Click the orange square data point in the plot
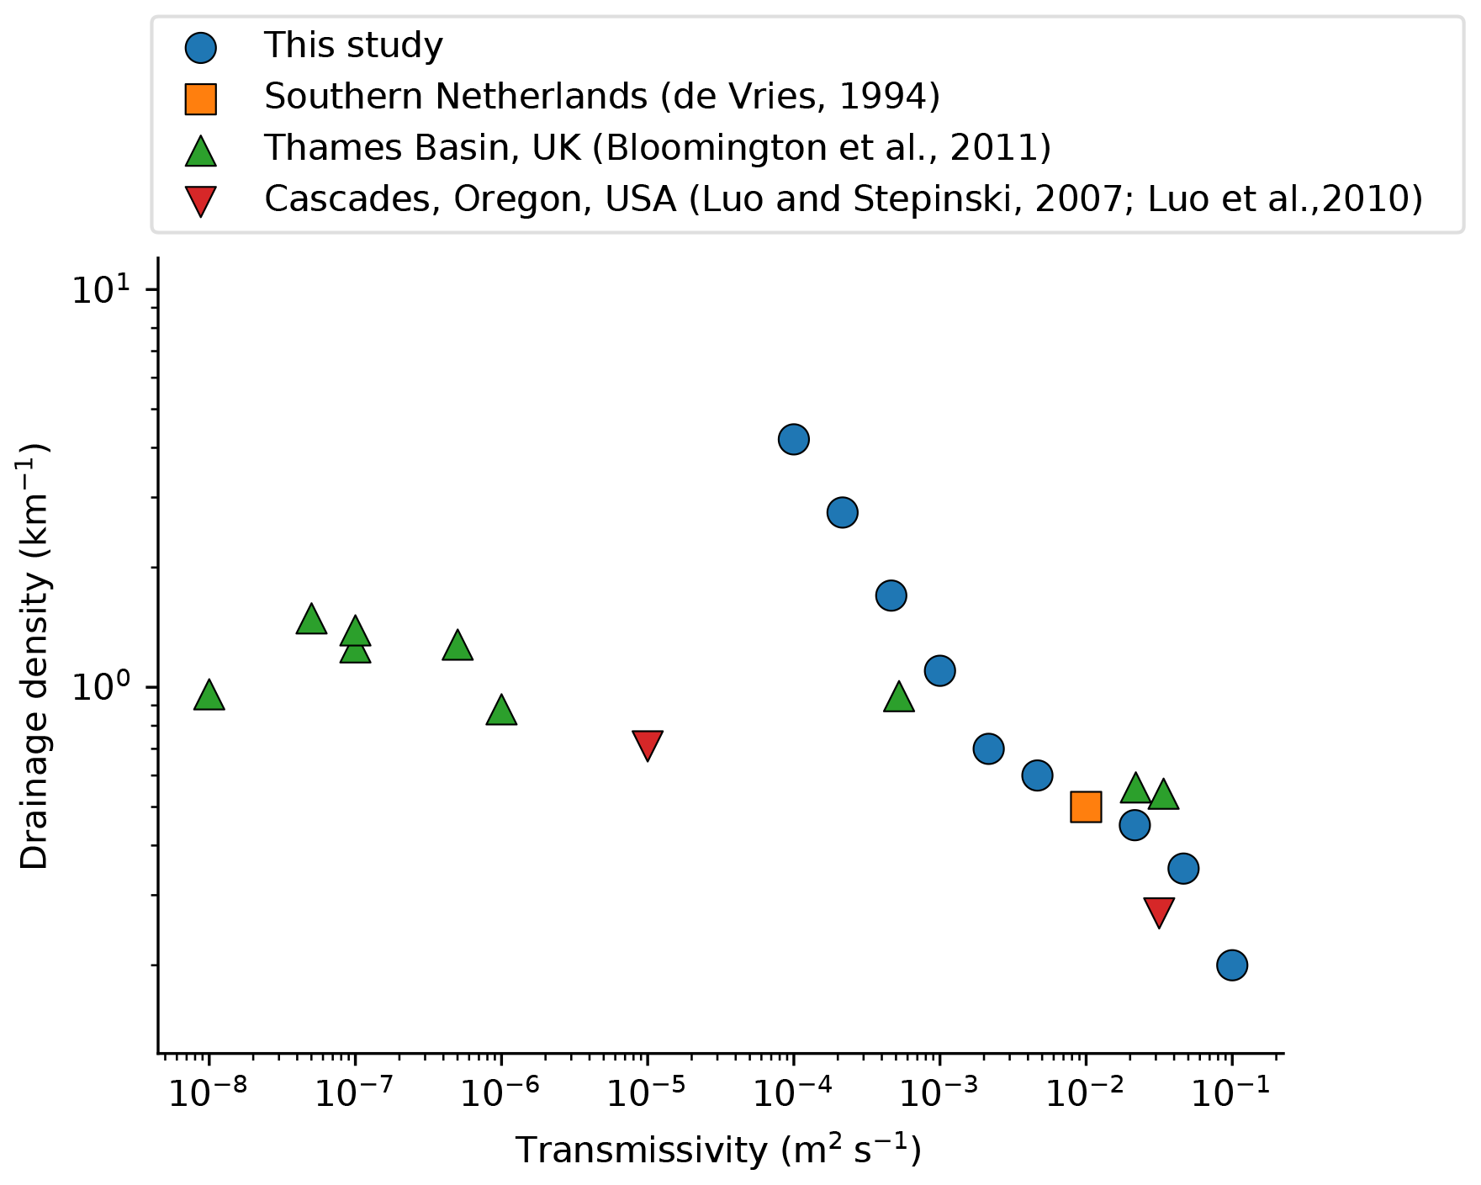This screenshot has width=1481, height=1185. point(1086,807)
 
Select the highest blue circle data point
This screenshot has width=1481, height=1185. point(794,439)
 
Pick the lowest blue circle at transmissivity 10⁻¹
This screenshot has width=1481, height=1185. point(1232,965)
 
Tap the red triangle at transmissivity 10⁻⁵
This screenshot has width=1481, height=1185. point(648,744)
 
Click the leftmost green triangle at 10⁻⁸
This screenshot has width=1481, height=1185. point(209,696)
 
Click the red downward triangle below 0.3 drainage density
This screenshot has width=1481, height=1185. point(1159,911)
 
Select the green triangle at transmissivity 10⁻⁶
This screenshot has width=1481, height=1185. point(501,710)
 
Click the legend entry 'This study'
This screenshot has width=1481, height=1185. point(353,45)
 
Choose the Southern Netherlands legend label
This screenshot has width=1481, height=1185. point(602,97)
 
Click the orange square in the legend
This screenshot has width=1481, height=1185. point(201,98)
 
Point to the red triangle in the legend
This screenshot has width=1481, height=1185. point(201,200)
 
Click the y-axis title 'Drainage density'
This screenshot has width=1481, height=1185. point(36,656)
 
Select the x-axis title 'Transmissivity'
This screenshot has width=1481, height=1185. point(718,1150)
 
